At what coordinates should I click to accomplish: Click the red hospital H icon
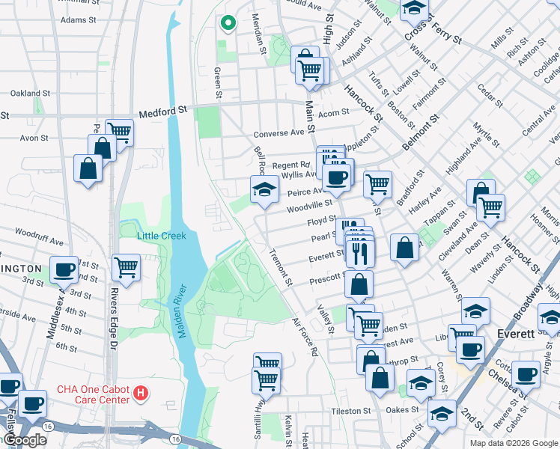pos(139,392)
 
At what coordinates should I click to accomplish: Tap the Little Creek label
pos(160,236)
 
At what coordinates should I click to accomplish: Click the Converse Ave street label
pos(279,133)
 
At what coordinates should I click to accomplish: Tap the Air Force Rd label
pos(306,337)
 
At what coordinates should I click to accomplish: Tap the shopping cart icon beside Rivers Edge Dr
pos(127,267)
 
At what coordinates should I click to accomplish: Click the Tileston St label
pos(350,411)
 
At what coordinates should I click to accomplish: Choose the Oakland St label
pos(30,94)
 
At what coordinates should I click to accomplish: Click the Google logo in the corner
pos(24,440)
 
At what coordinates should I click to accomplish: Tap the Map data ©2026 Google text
pos(513,443)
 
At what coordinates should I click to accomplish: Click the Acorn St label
pos(334,113)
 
